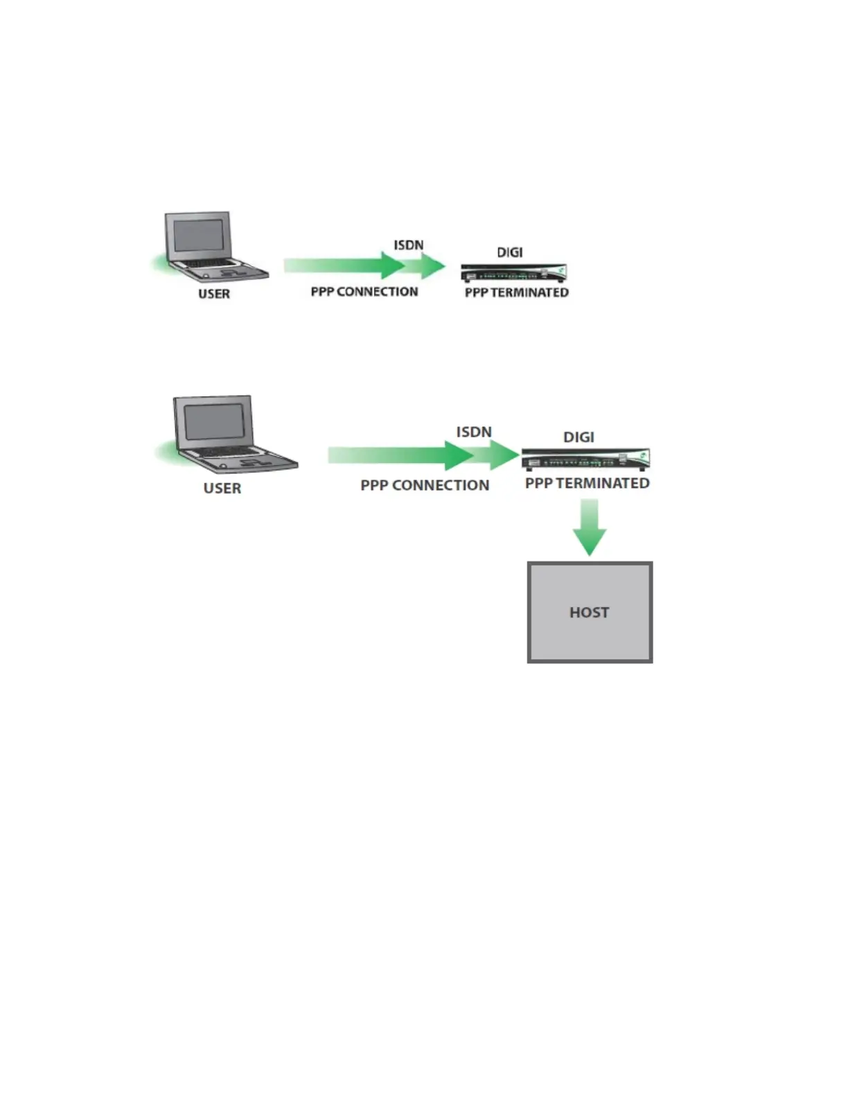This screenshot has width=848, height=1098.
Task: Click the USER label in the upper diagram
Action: (214, 294)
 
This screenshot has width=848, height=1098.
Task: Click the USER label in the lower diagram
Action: (222, 488)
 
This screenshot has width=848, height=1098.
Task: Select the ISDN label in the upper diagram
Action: (409, 245)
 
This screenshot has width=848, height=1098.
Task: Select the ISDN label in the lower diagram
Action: (474, 432)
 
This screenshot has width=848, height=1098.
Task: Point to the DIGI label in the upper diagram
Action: (510, 252)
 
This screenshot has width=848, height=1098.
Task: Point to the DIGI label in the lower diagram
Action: (578, 437)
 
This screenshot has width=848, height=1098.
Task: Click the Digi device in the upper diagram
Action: (513, 272)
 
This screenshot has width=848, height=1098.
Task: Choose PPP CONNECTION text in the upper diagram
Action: (364, 292)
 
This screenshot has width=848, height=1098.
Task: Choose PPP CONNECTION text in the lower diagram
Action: (425, 485)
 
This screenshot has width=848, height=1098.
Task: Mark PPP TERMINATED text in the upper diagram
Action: (517, 293)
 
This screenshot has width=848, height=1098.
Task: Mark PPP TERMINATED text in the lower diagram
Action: (588, 483)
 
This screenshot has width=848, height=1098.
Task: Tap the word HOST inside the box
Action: (590, 613)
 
